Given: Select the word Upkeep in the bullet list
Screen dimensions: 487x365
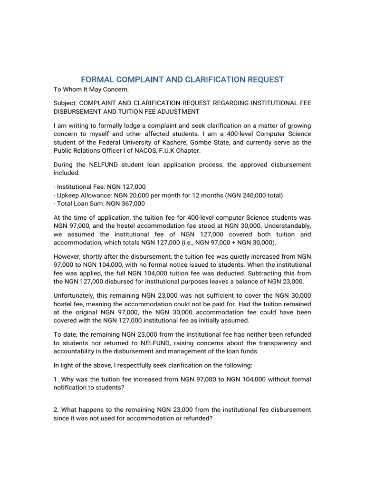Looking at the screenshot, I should tap(68, 195).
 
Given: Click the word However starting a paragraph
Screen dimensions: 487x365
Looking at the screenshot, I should tap(68, 256).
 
